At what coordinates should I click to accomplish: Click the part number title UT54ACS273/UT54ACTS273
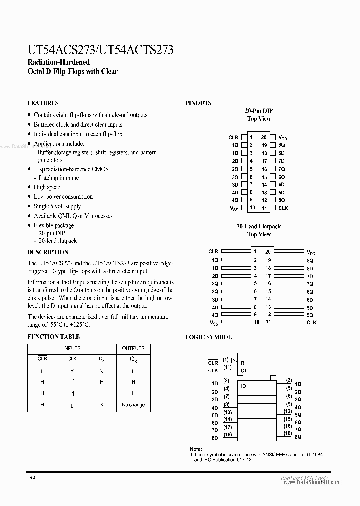pyautogui.click(x=100, y=50)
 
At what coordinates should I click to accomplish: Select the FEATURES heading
pyautogui.click(x=43, y=103)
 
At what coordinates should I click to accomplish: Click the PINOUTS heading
pyautogui.click(x=198, y=103)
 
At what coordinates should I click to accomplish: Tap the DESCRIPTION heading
pyautogui.click(x=48, y=252)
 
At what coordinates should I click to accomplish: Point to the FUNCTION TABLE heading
pyautogui.click(x=53, y=337)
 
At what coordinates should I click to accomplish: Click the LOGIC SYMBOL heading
pyautogui.click(x=208, y=337)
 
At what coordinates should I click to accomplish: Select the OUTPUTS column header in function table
pyautogui.click(x=133, y=348)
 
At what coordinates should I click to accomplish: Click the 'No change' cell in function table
pyautogui.click(x=133, y=405)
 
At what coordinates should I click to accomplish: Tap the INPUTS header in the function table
pyautogui.click(x=72, y=348)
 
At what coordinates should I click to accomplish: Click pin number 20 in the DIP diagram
pyautogui.click(x=264, y=137)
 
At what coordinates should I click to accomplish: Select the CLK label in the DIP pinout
pyautogui.click(x=283, y=208)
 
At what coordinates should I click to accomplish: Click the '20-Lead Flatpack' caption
pyautogui.click(x=259, y=226)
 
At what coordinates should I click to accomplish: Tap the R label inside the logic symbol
pyautogui.click(x=242, y=363)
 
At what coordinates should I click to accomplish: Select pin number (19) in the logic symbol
pyautogui.click(x=288, y=433)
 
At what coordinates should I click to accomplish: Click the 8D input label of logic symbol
pyautogui.click(x=214, y=438)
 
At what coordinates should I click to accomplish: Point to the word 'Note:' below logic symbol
pyautogui.click(x=196, y=450)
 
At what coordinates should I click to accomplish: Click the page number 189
pyautogui.click(x=31, y=478)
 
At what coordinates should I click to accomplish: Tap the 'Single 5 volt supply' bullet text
pyautogui.click(x=57, y=206)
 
